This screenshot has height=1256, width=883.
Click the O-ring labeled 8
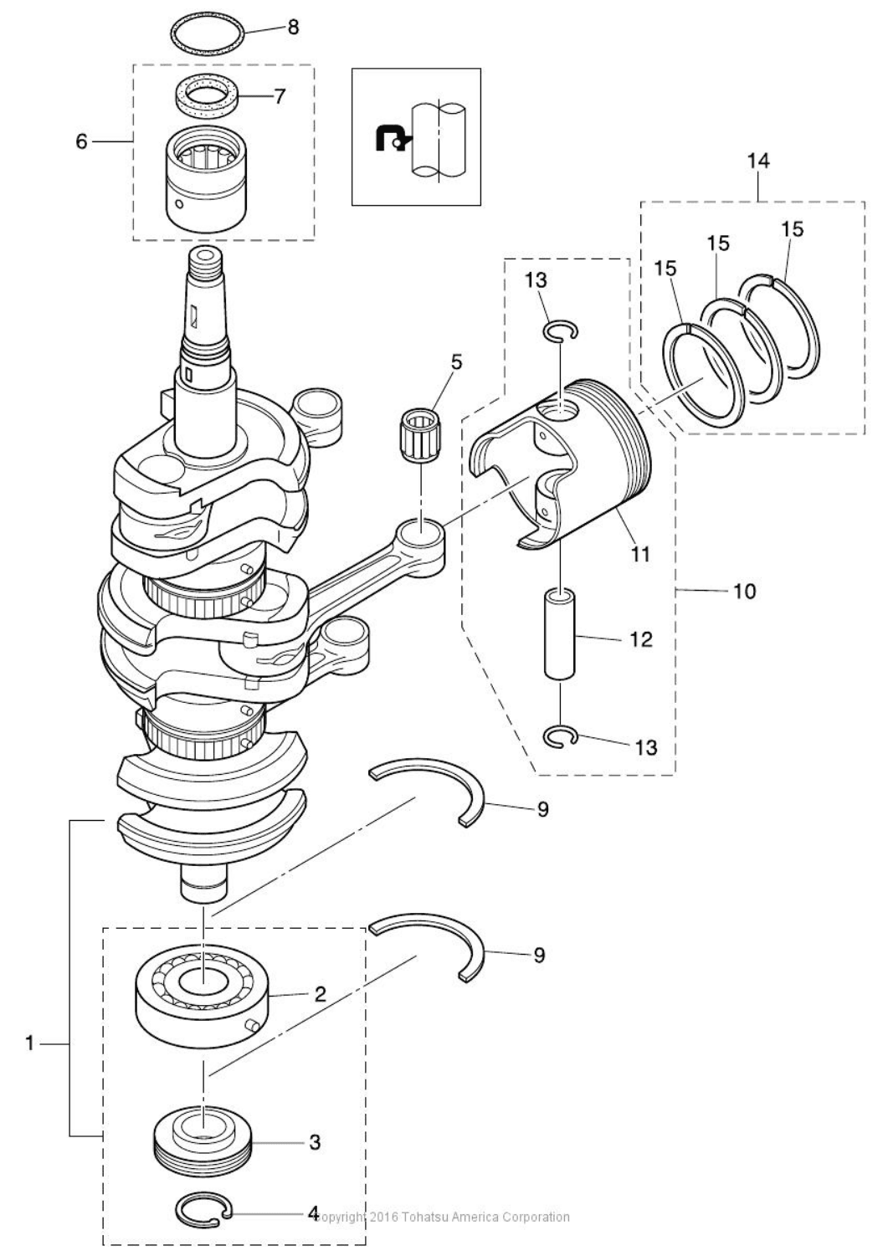[x=209, y=23]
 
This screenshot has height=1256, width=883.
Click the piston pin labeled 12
[x=559, y=633]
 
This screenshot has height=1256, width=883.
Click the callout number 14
[x=758, y=160]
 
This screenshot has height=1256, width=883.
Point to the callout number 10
[x=744, y=592]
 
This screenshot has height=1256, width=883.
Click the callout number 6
[x=81, y=141]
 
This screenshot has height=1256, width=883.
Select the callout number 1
[x=29, y=1043]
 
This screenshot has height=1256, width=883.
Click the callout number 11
[x=640, y=553]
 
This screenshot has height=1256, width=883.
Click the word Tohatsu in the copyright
[x=430, y=1217]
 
